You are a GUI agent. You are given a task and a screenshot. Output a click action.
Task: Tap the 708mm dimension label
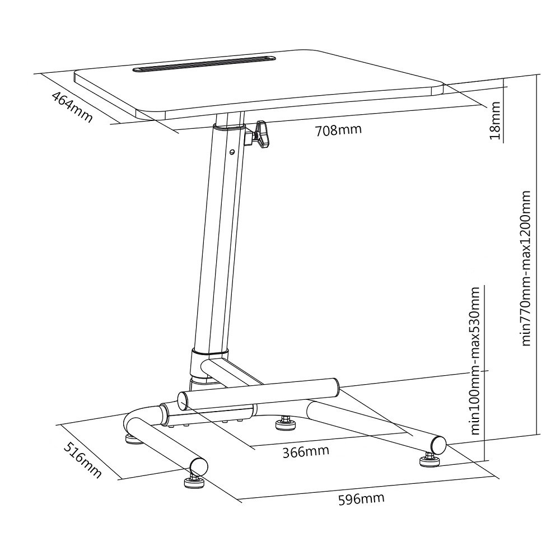pos(338,129)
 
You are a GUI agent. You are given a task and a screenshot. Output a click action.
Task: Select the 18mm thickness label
pos(496,120)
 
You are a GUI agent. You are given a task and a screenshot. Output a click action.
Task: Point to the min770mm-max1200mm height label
pos(526,268)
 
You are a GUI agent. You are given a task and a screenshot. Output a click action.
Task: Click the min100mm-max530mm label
pos(475,360)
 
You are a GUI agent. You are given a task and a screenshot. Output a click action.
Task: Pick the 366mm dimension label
pos(306,451)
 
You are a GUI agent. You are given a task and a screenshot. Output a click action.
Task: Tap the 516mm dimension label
pos(82,460)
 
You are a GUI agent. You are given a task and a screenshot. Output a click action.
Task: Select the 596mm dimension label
pos(361,498)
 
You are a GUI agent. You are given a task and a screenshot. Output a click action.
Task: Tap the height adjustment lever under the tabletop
pos(259,134)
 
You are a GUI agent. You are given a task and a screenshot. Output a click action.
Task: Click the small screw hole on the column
pos(232,152)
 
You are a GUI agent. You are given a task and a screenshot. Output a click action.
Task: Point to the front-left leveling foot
pos(194,482)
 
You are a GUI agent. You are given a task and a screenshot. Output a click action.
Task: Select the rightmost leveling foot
pos(430,460)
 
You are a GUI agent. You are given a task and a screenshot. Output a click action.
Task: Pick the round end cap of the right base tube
pos(438,444)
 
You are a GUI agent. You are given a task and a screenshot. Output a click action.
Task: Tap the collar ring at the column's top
pos(228,125)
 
